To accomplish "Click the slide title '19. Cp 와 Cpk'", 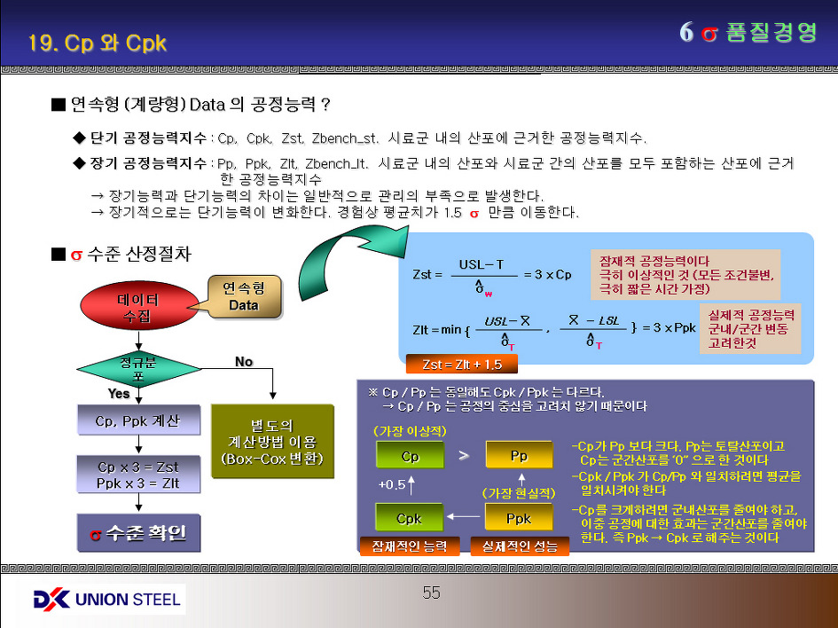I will [x=98, y=43].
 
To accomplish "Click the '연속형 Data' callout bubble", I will [x=245, y=297].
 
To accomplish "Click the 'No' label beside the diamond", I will [x=244, y=362].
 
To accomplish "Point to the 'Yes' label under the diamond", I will [x=119, y=393].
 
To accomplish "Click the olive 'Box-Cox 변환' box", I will [x=272, y=442].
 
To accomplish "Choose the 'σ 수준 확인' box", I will [x=137, y=534].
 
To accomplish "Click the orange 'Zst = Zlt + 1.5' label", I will [x=461, y=365].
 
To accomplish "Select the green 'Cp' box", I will [x=410, y=456].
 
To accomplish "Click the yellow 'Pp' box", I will [x=519, y=456].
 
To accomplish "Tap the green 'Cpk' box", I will [x=410, y=518].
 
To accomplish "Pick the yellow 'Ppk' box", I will [x=519, y=518].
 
